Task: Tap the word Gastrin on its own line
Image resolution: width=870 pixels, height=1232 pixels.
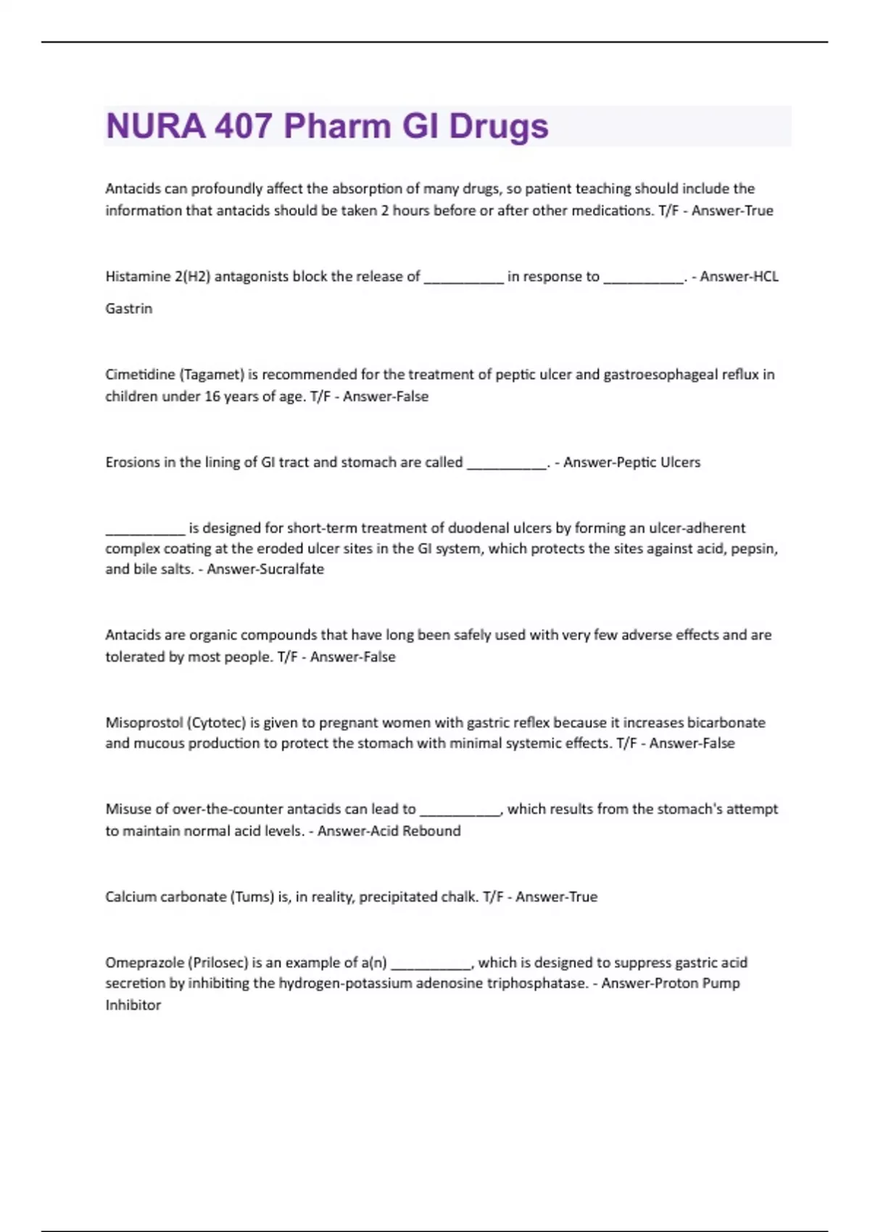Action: click(x=129, y=309)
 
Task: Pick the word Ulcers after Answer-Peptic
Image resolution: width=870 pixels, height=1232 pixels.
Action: click(x=680, y=462)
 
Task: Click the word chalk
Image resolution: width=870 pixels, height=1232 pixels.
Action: click(x=459, y=896)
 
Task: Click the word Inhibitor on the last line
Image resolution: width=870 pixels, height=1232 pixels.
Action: click(x=133, y=1005)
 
